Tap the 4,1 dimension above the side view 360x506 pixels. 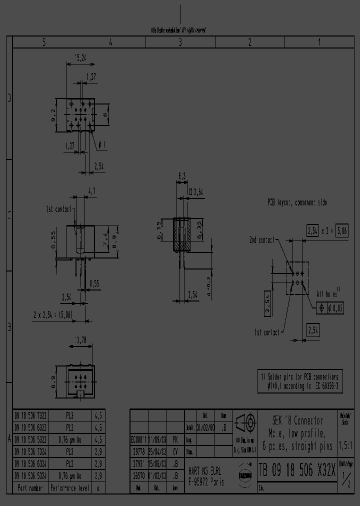91,190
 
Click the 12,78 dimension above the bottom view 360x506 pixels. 80,340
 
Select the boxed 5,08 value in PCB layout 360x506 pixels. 342,230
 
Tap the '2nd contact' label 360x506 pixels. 261,240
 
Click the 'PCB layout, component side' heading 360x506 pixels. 296,202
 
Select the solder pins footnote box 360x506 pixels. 300,382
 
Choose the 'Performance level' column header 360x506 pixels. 70,487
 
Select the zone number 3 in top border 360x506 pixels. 180,42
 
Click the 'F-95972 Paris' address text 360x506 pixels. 206,482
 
